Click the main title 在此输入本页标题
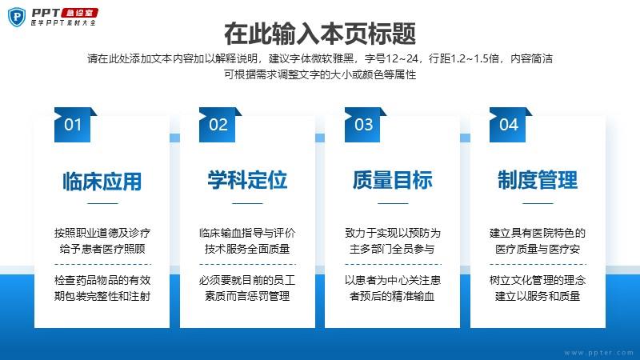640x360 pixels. pos(320,34)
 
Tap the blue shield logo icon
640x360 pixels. pos(17,17)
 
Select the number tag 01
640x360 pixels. pos(73,125)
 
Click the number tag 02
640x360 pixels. pos(218,125)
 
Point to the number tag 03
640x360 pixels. pos(363,125)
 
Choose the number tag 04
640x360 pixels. pos(509,125)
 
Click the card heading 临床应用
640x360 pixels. pos(102,182)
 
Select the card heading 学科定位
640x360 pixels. pos(247,180)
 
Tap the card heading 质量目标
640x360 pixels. pos(393,180)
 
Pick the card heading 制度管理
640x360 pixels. pos(538,180)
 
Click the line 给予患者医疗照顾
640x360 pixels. pos(102,249)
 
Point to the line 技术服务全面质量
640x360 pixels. pos(247,249)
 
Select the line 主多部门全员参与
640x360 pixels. pos(392,249)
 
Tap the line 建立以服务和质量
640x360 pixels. pos(538,296)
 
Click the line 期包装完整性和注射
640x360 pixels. pos(102,296)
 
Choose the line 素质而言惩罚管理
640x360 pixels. pos(247,296)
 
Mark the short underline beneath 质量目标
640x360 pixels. pos(393,203)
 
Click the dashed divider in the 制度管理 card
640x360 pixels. pos(538,265)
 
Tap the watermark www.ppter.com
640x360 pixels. pos(598,353)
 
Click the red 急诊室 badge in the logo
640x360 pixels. pos(79,13)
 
